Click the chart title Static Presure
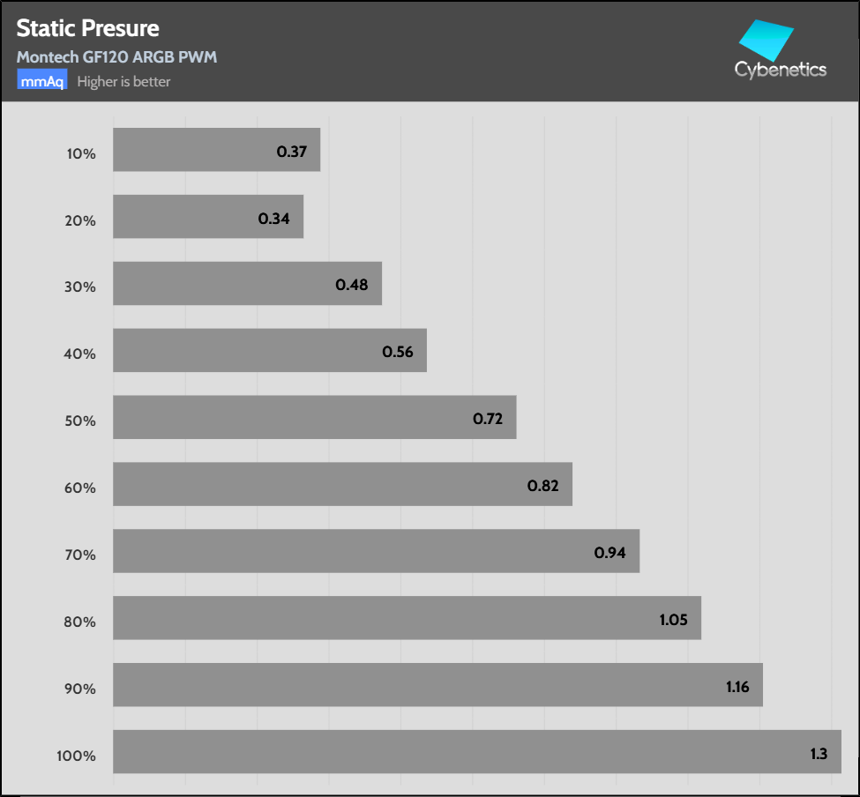coord(87,28)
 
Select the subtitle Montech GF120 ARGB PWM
coord(116,57)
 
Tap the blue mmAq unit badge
coord(42,81)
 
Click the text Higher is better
coord(123,82)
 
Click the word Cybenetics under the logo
coord(781,70)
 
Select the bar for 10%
coord(216,150)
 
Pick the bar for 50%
coord(314,417)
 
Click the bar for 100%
coord(476,751)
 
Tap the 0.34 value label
coord(274,218)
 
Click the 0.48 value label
coord(352,285)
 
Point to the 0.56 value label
coord(398,352)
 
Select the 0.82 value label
coord(542,486)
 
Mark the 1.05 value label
coord(673,620)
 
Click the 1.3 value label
coord(819,754)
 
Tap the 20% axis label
coord(81,220)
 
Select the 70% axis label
coord(81,555)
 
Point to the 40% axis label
coord(81,354)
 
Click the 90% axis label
coord(81,689)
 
